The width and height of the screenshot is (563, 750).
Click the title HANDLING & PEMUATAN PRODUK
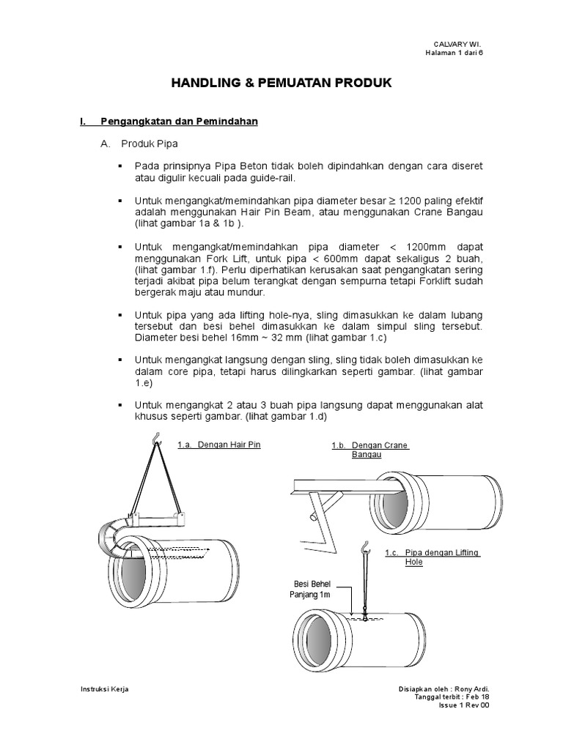point(281,83)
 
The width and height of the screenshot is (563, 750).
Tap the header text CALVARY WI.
point(460,45)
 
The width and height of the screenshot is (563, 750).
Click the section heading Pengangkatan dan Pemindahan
point(178,122)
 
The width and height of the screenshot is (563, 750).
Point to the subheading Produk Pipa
point(150,144)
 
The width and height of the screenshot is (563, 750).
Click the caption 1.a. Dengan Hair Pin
point(218,445)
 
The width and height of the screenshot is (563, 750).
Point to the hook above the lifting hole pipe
point(364,545)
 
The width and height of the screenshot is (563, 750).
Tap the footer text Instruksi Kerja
point(103,690)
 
